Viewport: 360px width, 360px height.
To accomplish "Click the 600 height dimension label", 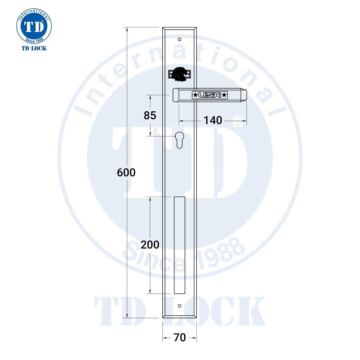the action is click(x=126, y=172).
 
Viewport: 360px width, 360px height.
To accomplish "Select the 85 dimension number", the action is click(x=150, y=115).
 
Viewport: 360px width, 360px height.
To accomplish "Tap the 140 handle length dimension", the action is click(x=213, y=120).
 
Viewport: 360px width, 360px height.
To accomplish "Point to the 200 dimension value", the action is click(x=150, y=245).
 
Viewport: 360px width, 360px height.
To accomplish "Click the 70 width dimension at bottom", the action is click(x=180, y=337).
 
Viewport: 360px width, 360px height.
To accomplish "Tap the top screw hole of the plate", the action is click(x=180, y=39).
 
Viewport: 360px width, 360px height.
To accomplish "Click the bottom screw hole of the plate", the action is click(x=180, y=306).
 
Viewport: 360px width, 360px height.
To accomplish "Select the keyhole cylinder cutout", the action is click(x=180, y=140).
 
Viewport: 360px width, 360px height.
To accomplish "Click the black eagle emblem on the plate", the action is click(x=180, y=74).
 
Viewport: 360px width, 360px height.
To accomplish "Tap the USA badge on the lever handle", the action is click(x=210, y=95).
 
